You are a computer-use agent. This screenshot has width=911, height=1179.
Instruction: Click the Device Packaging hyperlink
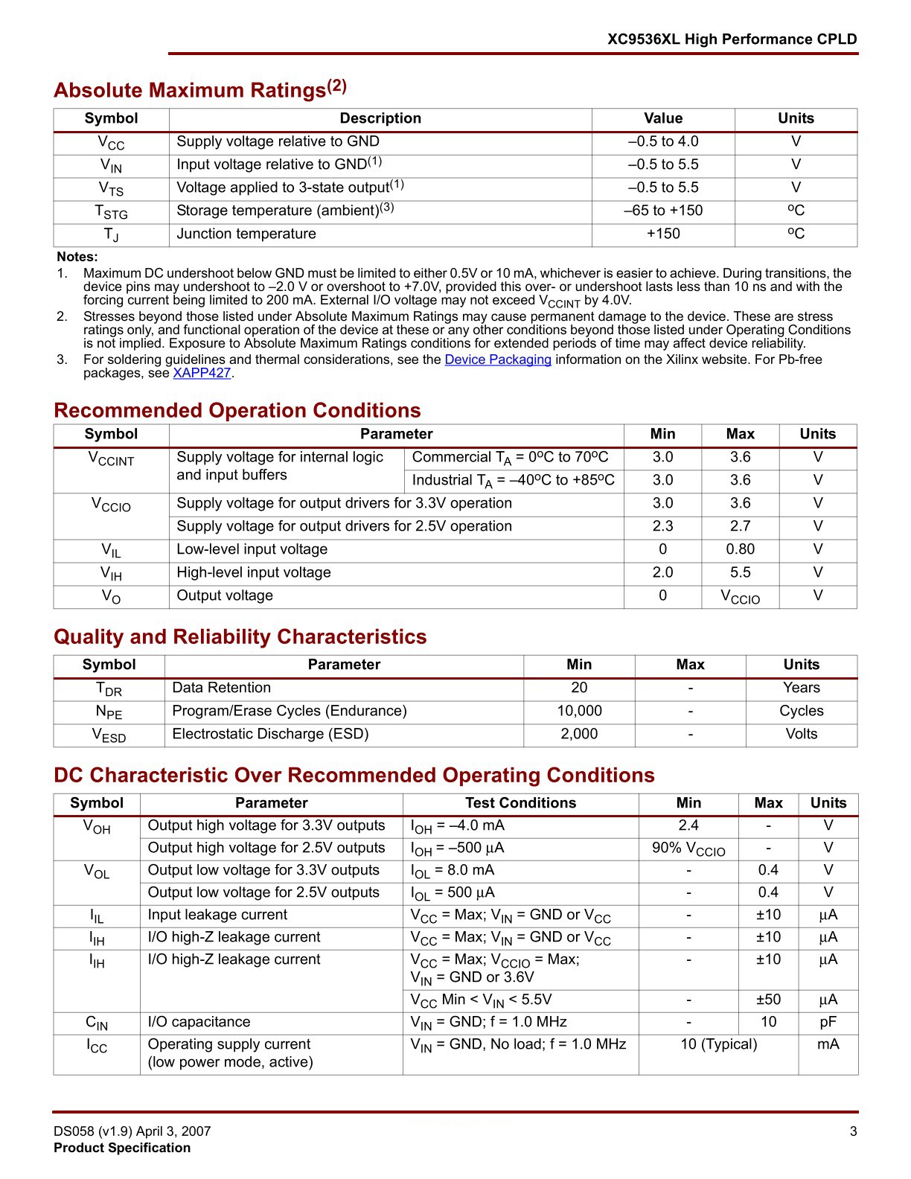pos(498,360)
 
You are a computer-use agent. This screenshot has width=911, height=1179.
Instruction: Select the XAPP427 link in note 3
pos(202,373)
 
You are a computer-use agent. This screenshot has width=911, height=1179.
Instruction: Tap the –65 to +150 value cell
pos(662,211)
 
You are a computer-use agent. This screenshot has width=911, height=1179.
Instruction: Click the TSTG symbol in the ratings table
pos(111,212)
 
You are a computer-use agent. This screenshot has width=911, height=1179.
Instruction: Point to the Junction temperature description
pos(246,234)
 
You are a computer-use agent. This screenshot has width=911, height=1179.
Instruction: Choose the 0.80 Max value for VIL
pos(740,549)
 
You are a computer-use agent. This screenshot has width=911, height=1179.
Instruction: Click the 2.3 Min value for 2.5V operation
pos(662,526)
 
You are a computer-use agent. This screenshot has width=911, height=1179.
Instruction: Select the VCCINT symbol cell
pos(111,458)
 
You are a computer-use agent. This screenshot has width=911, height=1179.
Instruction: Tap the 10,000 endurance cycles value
pos(579,711)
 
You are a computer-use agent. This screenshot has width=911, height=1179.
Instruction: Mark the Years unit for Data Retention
pos(801,688)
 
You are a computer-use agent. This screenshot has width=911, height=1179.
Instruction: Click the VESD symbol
pos(109,735)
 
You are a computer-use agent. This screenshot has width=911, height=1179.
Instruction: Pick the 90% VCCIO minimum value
pos(688,849)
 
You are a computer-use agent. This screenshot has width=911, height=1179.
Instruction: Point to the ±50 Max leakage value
pos(768,1000)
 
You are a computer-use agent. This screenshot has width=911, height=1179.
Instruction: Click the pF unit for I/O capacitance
pos(828,1022)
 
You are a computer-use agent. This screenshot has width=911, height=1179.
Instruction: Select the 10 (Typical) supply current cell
pos(718,1044)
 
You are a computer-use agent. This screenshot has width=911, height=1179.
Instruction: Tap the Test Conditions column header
pos(520,803)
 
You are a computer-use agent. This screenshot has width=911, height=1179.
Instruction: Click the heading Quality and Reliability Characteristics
pos(240,637)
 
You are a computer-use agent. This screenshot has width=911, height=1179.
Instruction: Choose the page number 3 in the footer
pos(853,1131)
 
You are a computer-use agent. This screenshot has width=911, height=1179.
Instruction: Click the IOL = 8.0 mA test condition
pos(453,870)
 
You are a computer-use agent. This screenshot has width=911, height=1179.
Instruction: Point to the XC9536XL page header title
pos(732,39)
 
